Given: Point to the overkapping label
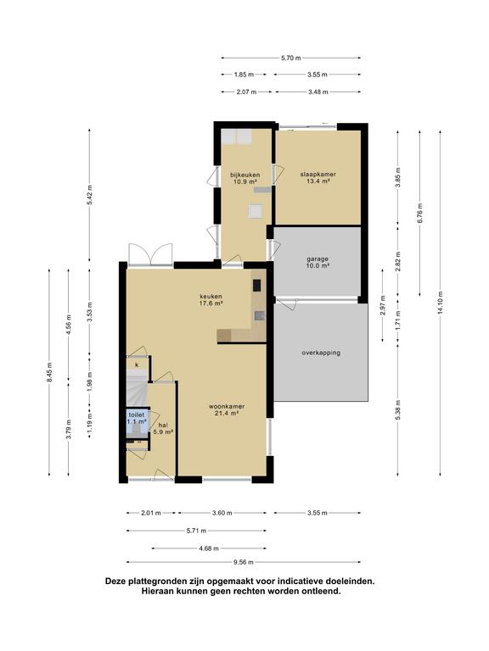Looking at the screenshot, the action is click(x=321, y=353).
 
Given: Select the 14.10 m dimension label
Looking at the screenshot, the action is click(x=441, y=303).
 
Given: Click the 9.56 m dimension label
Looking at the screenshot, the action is click(x=244, y=562).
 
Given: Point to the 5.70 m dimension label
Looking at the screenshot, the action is click(x=290, y=58).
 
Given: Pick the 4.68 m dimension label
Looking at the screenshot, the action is click(x=209, y=548).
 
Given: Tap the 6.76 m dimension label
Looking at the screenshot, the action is click(x=419, y=213).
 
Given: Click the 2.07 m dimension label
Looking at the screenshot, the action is click(x=246, y=92).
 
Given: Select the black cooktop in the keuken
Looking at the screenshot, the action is click(x=257, y=286).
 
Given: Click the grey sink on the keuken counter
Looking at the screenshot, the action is click(x=260, y=316).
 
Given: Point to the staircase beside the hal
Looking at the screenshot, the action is click(x=137, y=390).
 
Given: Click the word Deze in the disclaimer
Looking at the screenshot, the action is click(x=115, y=581).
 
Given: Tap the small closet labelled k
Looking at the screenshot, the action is click(x=137, y=364).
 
